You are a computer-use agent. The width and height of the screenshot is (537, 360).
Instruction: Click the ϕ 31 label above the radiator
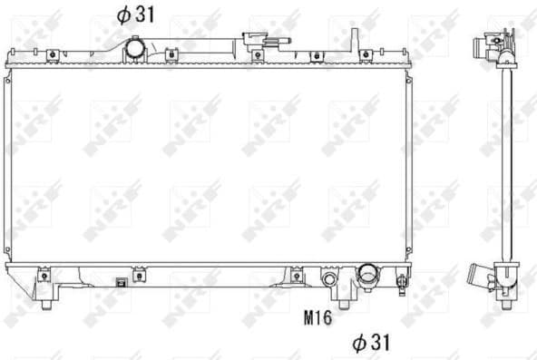point(132,15)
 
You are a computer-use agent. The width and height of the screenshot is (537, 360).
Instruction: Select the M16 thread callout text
point(316,317)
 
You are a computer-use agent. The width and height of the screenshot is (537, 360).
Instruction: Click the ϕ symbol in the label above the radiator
point(121,15)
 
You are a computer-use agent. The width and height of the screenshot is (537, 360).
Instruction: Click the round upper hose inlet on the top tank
point(135,47)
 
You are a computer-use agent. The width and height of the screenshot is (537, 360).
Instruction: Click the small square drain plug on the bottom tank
point(120,282)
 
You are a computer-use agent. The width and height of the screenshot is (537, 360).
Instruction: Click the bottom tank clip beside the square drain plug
point(139,275)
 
